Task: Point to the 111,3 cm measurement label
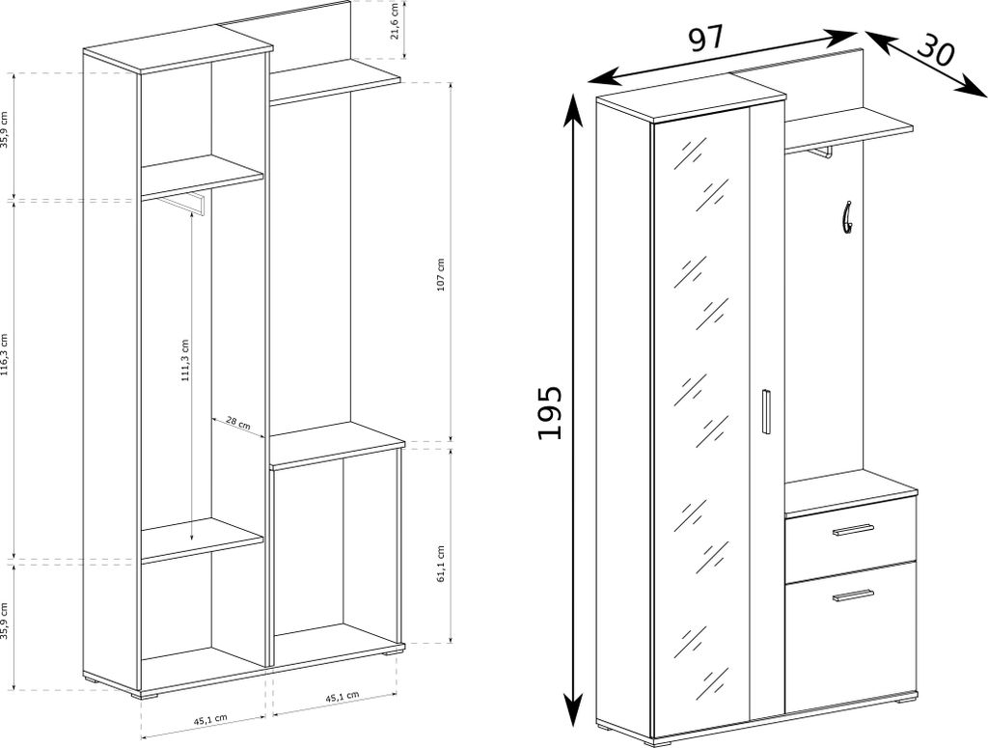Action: point(185,362)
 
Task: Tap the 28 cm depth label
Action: point(238,424)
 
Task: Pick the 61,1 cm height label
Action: point(441,565)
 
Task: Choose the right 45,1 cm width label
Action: point(342,696)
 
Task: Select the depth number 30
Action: point(935,48)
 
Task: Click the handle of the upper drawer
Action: point(853,530)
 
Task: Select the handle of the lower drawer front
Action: point(853,595)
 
